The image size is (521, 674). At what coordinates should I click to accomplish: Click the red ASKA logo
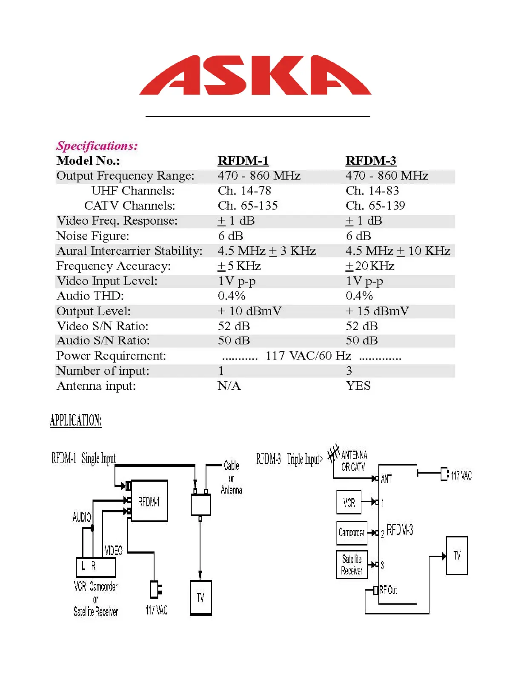coord(255,76)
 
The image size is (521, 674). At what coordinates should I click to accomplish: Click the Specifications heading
coord(97,146)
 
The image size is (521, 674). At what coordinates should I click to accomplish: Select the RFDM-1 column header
coord(243,161)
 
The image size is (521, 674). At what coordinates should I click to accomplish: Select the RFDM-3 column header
coord(371,161)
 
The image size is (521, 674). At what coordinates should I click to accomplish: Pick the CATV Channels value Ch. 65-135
coord(248,206)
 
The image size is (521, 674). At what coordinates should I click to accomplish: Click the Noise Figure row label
coord(92,236)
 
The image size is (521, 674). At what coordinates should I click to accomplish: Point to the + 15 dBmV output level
coord(377,311)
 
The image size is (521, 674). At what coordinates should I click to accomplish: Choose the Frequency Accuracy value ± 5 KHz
coord(239,266)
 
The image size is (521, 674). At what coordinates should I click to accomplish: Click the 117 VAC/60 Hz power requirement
coord(309,356)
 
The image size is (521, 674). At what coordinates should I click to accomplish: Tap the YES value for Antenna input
coord(358,386)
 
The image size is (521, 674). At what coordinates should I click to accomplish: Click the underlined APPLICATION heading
coord(76,420)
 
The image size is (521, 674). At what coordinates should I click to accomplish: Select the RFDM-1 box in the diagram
coord(149,501)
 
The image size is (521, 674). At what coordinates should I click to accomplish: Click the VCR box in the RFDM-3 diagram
coord(349,503)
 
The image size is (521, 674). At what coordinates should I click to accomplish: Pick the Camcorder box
coord(352,533)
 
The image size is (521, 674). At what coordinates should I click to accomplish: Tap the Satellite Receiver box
coord(352,565)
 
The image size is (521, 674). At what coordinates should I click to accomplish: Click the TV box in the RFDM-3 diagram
coord(457,556)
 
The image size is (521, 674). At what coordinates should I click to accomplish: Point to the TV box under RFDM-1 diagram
coord(200,597)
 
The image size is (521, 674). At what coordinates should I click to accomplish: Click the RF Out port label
coord(388,590)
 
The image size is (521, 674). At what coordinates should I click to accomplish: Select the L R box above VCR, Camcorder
coord(96,567)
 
